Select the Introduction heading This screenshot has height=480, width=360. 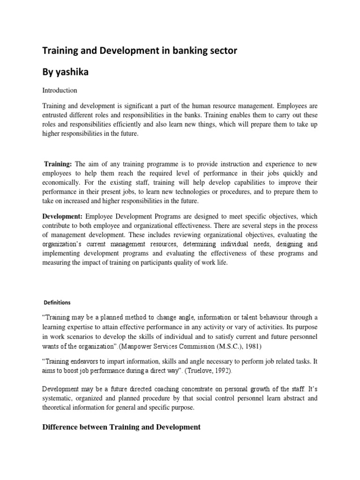60,90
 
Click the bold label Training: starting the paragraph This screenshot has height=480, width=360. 58,164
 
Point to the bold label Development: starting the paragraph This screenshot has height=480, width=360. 63,216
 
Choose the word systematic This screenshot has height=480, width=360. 59,398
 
